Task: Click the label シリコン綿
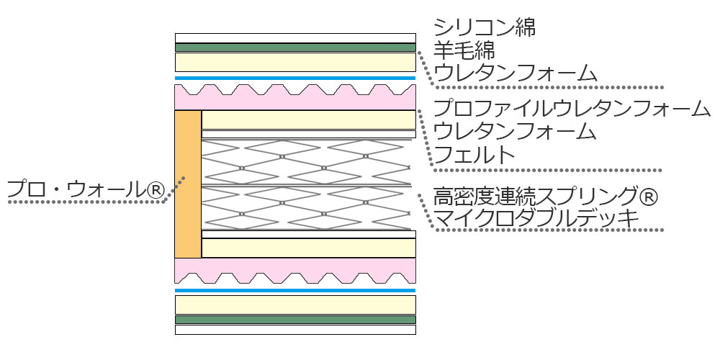[x=485, y=29]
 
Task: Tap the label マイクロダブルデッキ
[x=536, y=217]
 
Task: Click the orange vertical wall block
[x=188, y=184]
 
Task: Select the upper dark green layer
[x=295, y=48]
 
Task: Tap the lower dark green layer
[x=295, y=319]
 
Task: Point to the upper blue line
[x=295, y=78]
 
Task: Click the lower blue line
[x=295, y=290]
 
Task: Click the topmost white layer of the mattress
[x=295, y=38]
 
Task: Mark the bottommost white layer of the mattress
[x=295, y=330]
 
